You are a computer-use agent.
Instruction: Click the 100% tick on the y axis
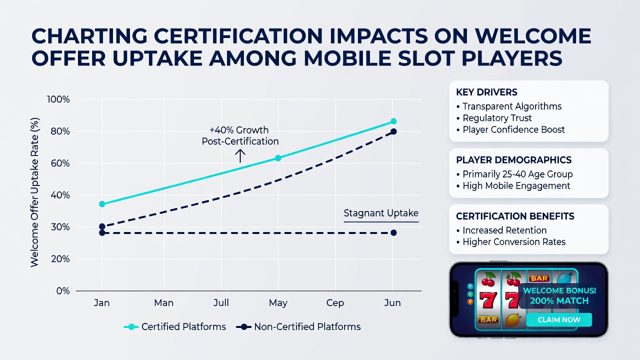(58, 99)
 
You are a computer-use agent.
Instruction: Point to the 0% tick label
(63, 291)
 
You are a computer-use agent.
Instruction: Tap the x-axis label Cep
(335, 303)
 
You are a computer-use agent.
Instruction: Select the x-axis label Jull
(221, 302)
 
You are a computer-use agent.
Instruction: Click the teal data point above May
(278, 158)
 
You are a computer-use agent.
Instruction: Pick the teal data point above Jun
(393, 121)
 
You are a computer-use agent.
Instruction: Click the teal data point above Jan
(102, 204)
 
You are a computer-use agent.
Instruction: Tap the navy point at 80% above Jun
(393, 131)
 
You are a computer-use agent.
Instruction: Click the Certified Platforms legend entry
(175, 327)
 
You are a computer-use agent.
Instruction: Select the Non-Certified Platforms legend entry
(298, 327)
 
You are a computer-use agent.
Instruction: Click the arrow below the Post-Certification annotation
(240, 156)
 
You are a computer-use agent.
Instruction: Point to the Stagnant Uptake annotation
(381, 213)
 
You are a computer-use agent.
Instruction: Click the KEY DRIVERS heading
(486, 92)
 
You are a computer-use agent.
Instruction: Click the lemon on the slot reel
(512, 320)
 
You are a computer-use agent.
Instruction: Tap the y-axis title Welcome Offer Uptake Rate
(34, 192)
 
